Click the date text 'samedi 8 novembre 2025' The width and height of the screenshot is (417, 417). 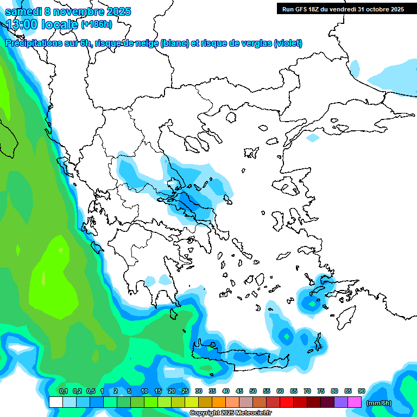click(x=68, y=11)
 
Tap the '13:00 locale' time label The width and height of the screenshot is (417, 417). click(x=42, y=24)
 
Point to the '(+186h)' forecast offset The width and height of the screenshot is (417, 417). click(x=97, y=24)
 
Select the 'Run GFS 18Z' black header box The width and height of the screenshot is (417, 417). click(x=343, y=9)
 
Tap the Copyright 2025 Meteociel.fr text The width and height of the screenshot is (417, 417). click(x=230, y=413)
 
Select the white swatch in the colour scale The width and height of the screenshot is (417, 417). click(x=56, y=402)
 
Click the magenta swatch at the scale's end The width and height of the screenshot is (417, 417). click(x=355, y=402)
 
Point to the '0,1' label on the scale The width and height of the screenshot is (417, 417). click(x=63, y=391)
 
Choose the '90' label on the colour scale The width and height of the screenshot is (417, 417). click(x=362, y=391)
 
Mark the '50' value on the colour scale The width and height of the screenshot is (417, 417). click(x=253, y=391)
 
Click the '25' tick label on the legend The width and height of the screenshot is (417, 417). click(x=185, y=391)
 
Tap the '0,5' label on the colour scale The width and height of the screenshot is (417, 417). click(x=90, y=391)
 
